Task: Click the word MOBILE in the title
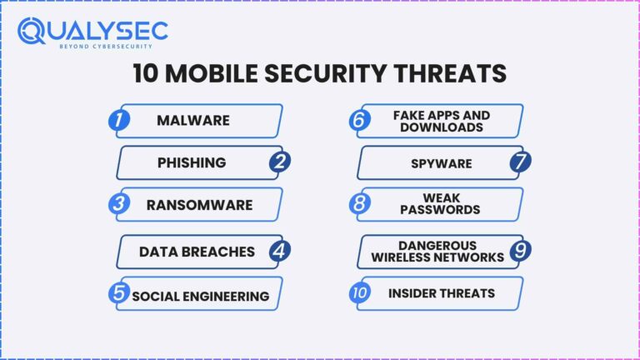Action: (219, 73)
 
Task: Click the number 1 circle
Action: (121, 120)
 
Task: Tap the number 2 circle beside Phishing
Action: (280, 162)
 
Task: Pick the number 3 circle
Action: (121, 204)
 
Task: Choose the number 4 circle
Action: (280, 251)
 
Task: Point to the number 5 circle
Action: (121, 294)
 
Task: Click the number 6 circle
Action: (360, 120)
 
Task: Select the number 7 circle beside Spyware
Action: (520, 162)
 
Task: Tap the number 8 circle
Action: (360, 204)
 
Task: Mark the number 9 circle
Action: (520, 251)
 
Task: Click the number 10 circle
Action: (360, 294)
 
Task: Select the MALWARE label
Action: (192, 120)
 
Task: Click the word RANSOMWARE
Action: (199, 205)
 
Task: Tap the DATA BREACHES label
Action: (197, 251)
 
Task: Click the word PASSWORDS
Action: (440, 210)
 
